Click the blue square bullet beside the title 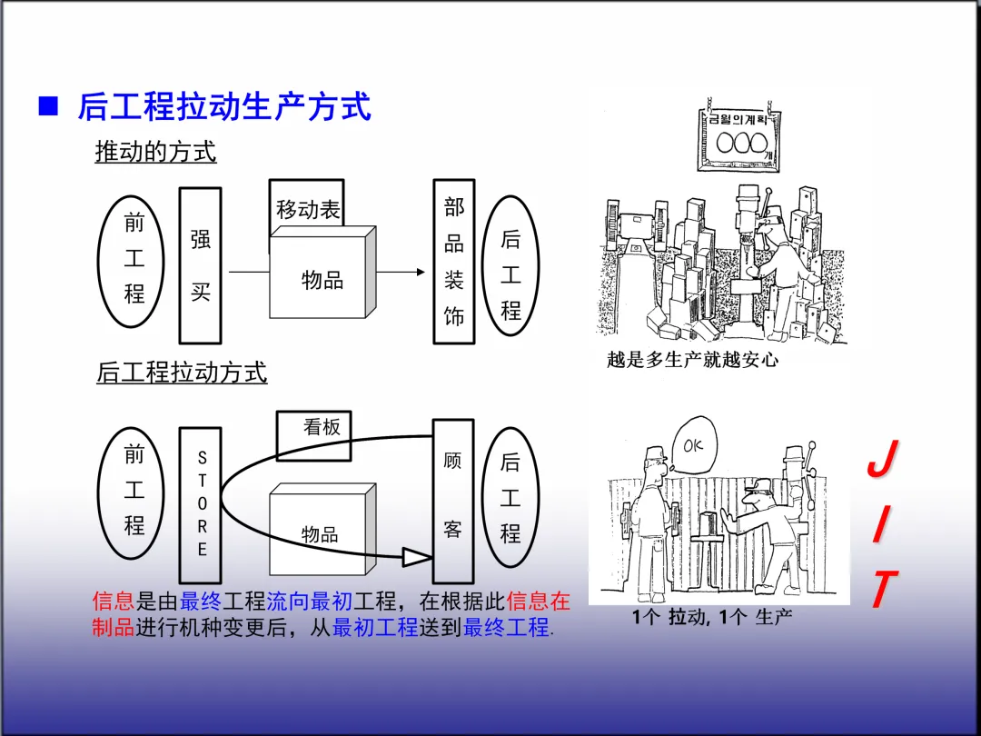pyautogui.click(x=48, y=106)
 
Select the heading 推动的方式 pyautogui.click(x=155, y=152)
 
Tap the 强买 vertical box pyautogui.click(x=200, y=265)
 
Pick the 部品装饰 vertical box pyautogui.click(x=453, y=262)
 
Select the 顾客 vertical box pyautogui.click(x=452, y=501)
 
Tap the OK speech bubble pyautogui.click(x=692, y=446)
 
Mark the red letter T pyautogui.click(x=881, y=590)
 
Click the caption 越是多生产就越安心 pyautogui.click(x=692, y=360)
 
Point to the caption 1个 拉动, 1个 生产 pyautogui.click(x=712, y=618)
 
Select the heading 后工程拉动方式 pyautogui.click(x=182, y=373)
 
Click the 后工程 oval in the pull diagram pyautogui.click(x=510, y=496)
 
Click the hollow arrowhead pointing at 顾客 pyautogui.click(x=417, y=556)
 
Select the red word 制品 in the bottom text pyautogui.click(x=113, y=627)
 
